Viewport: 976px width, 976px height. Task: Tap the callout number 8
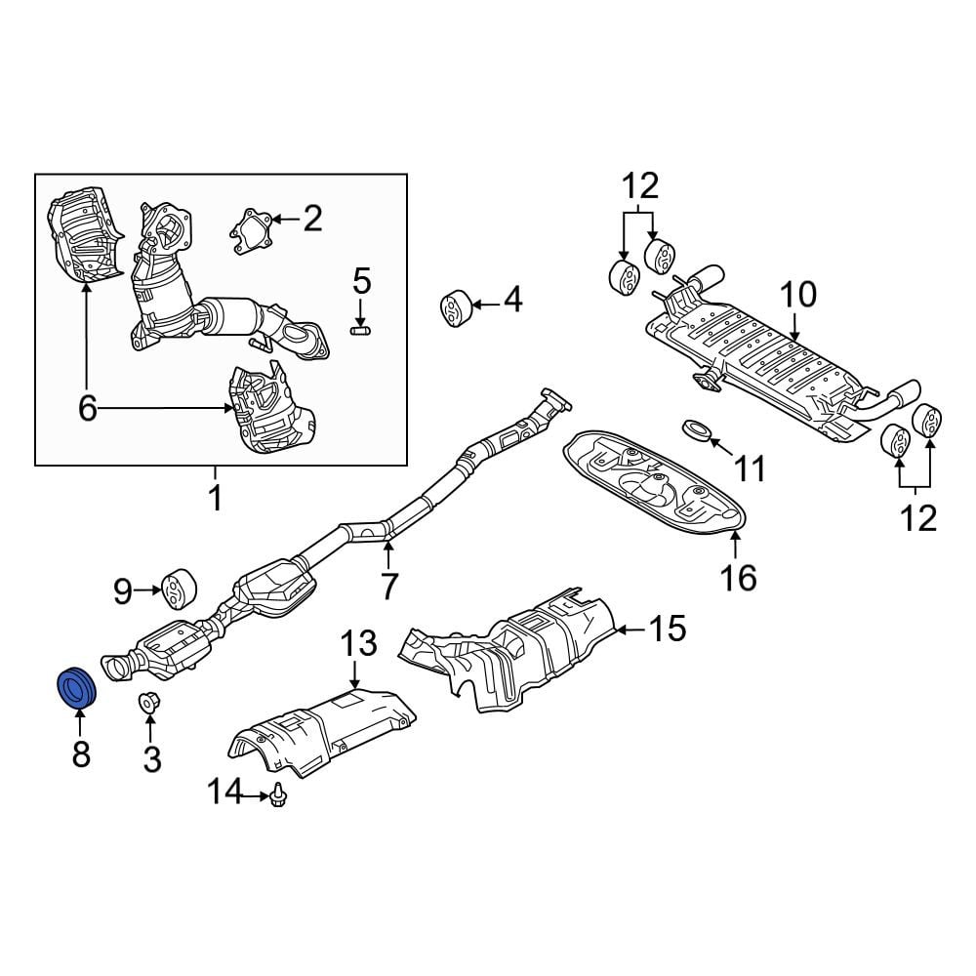tap(81, 754)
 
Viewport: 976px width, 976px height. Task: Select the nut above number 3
tap(148, 703)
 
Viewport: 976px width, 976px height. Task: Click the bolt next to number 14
tap(277, 795)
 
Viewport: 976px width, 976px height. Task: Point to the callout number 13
tap(359, 643)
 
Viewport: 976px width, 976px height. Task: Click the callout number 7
tap(388, 586)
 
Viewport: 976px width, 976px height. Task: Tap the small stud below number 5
tap(360, 330)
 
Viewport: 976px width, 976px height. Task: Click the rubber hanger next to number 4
tap(457, 307)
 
